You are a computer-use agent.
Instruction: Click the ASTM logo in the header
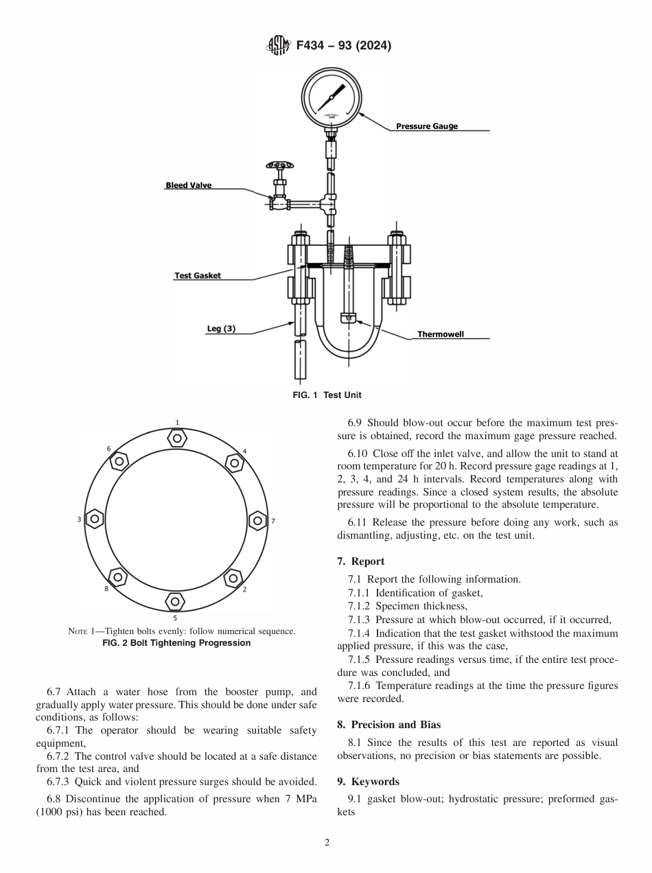(277, 46)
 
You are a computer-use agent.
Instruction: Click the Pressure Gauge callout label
(426, 126)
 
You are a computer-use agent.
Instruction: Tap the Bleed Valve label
(189, 185)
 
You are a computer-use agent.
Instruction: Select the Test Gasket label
(198, 276)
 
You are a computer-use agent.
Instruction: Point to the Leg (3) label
(221, 329)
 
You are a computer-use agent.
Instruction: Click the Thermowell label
(441, 334)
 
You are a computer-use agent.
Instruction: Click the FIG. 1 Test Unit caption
(327, 395)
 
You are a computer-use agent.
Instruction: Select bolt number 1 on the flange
(176, 437)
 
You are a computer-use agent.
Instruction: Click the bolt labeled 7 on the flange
(257, 520)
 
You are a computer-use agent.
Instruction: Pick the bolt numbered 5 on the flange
(175, 601)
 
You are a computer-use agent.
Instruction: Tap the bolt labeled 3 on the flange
(94, 519)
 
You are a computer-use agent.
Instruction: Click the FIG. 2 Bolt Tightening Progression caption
(176, 643)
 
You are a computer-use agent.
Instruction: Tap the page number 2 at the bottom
(327, 843)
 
